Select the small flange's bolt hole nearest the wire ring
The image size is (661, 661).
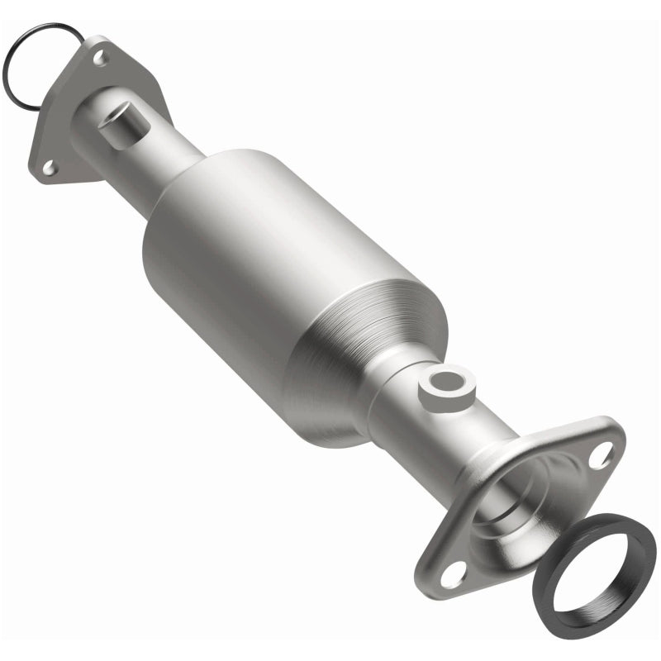click(x=100, y=58)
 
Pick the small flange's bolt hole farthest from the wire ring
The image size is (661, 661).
click(x=49, y=168)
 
